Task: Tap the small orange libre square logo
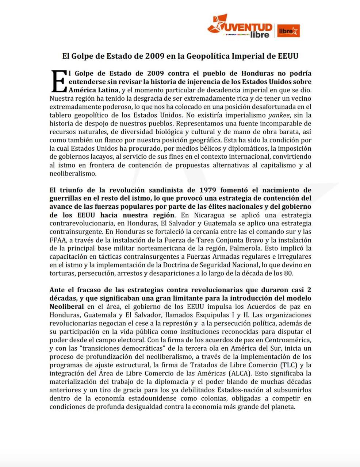click(288, 31)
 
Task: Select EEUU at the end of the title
click(288, 56)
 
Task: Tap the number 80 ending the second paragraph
click(289, 273)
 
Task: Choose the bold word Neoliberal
click(66, 306)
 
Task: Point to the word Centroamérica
click(290, 340)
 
